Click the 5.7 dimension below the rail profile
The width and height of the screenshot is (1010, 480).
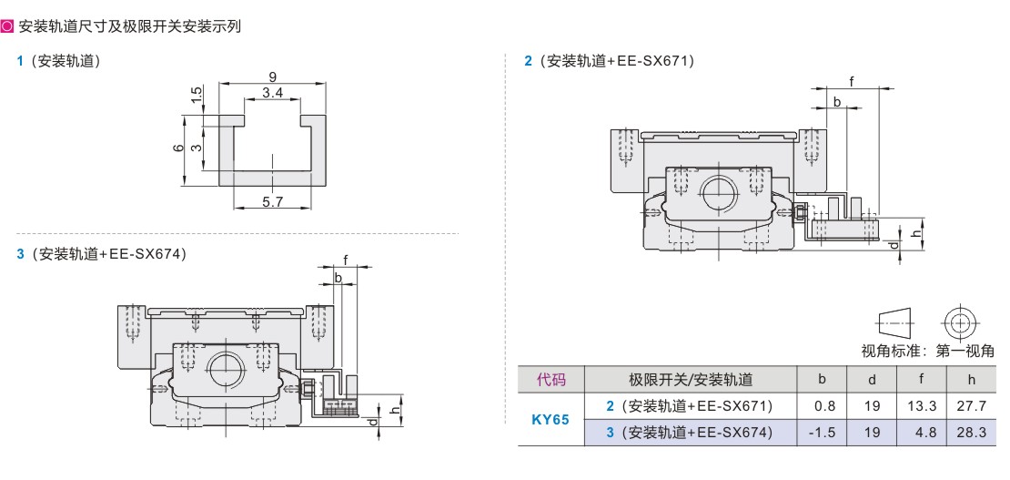[x=272, y=202]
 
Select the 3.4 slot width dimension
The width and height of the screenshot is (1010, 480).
[x=271, y=93]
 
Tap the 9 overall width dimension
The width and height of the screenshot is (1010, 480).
[x=272, y=77]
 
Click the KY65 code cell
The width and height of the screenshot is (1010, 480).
[x=550, y=419]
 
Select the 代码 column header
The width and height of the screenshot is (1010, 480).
[x=550, y=380]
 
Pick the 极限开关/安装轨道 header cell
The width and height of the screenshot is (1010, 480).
[x=691, y=380]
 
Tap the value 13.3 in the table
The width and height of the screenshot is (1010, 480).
[x=922, y=406]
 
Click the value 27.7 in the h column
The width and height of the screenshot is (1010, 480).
[x=972, y=406]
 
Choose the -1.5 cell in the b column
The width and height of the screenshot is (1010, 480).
[x=822, y=433]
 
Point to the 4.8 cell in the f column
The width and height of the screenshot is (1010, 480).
[x=922, y=433]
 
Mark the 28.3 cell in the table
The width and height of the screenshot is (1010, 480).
[x=972, y=433]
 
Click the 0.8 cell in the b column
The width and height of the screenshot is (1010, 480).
[x=822, y=406]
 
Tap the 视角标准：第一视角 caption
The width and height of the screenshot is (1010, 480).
[x=927, y=351]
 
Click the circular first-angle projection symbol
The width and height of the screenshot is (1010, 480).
[x=959, y=322]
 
